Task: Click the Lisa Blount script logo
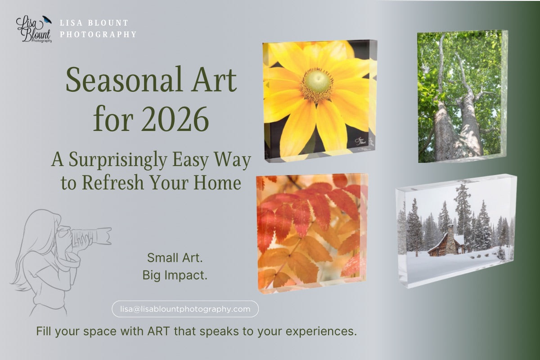click(32, 29)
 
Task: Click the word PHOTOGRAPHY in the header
click(98, 34)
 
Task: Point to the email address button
click(185, 309)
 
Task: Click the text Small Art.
click(175, 258)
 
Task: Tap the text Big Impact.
click(175, 275)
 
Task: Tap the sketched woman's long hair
click(34, 256)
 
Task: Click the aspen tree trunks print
click(459, 97)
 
